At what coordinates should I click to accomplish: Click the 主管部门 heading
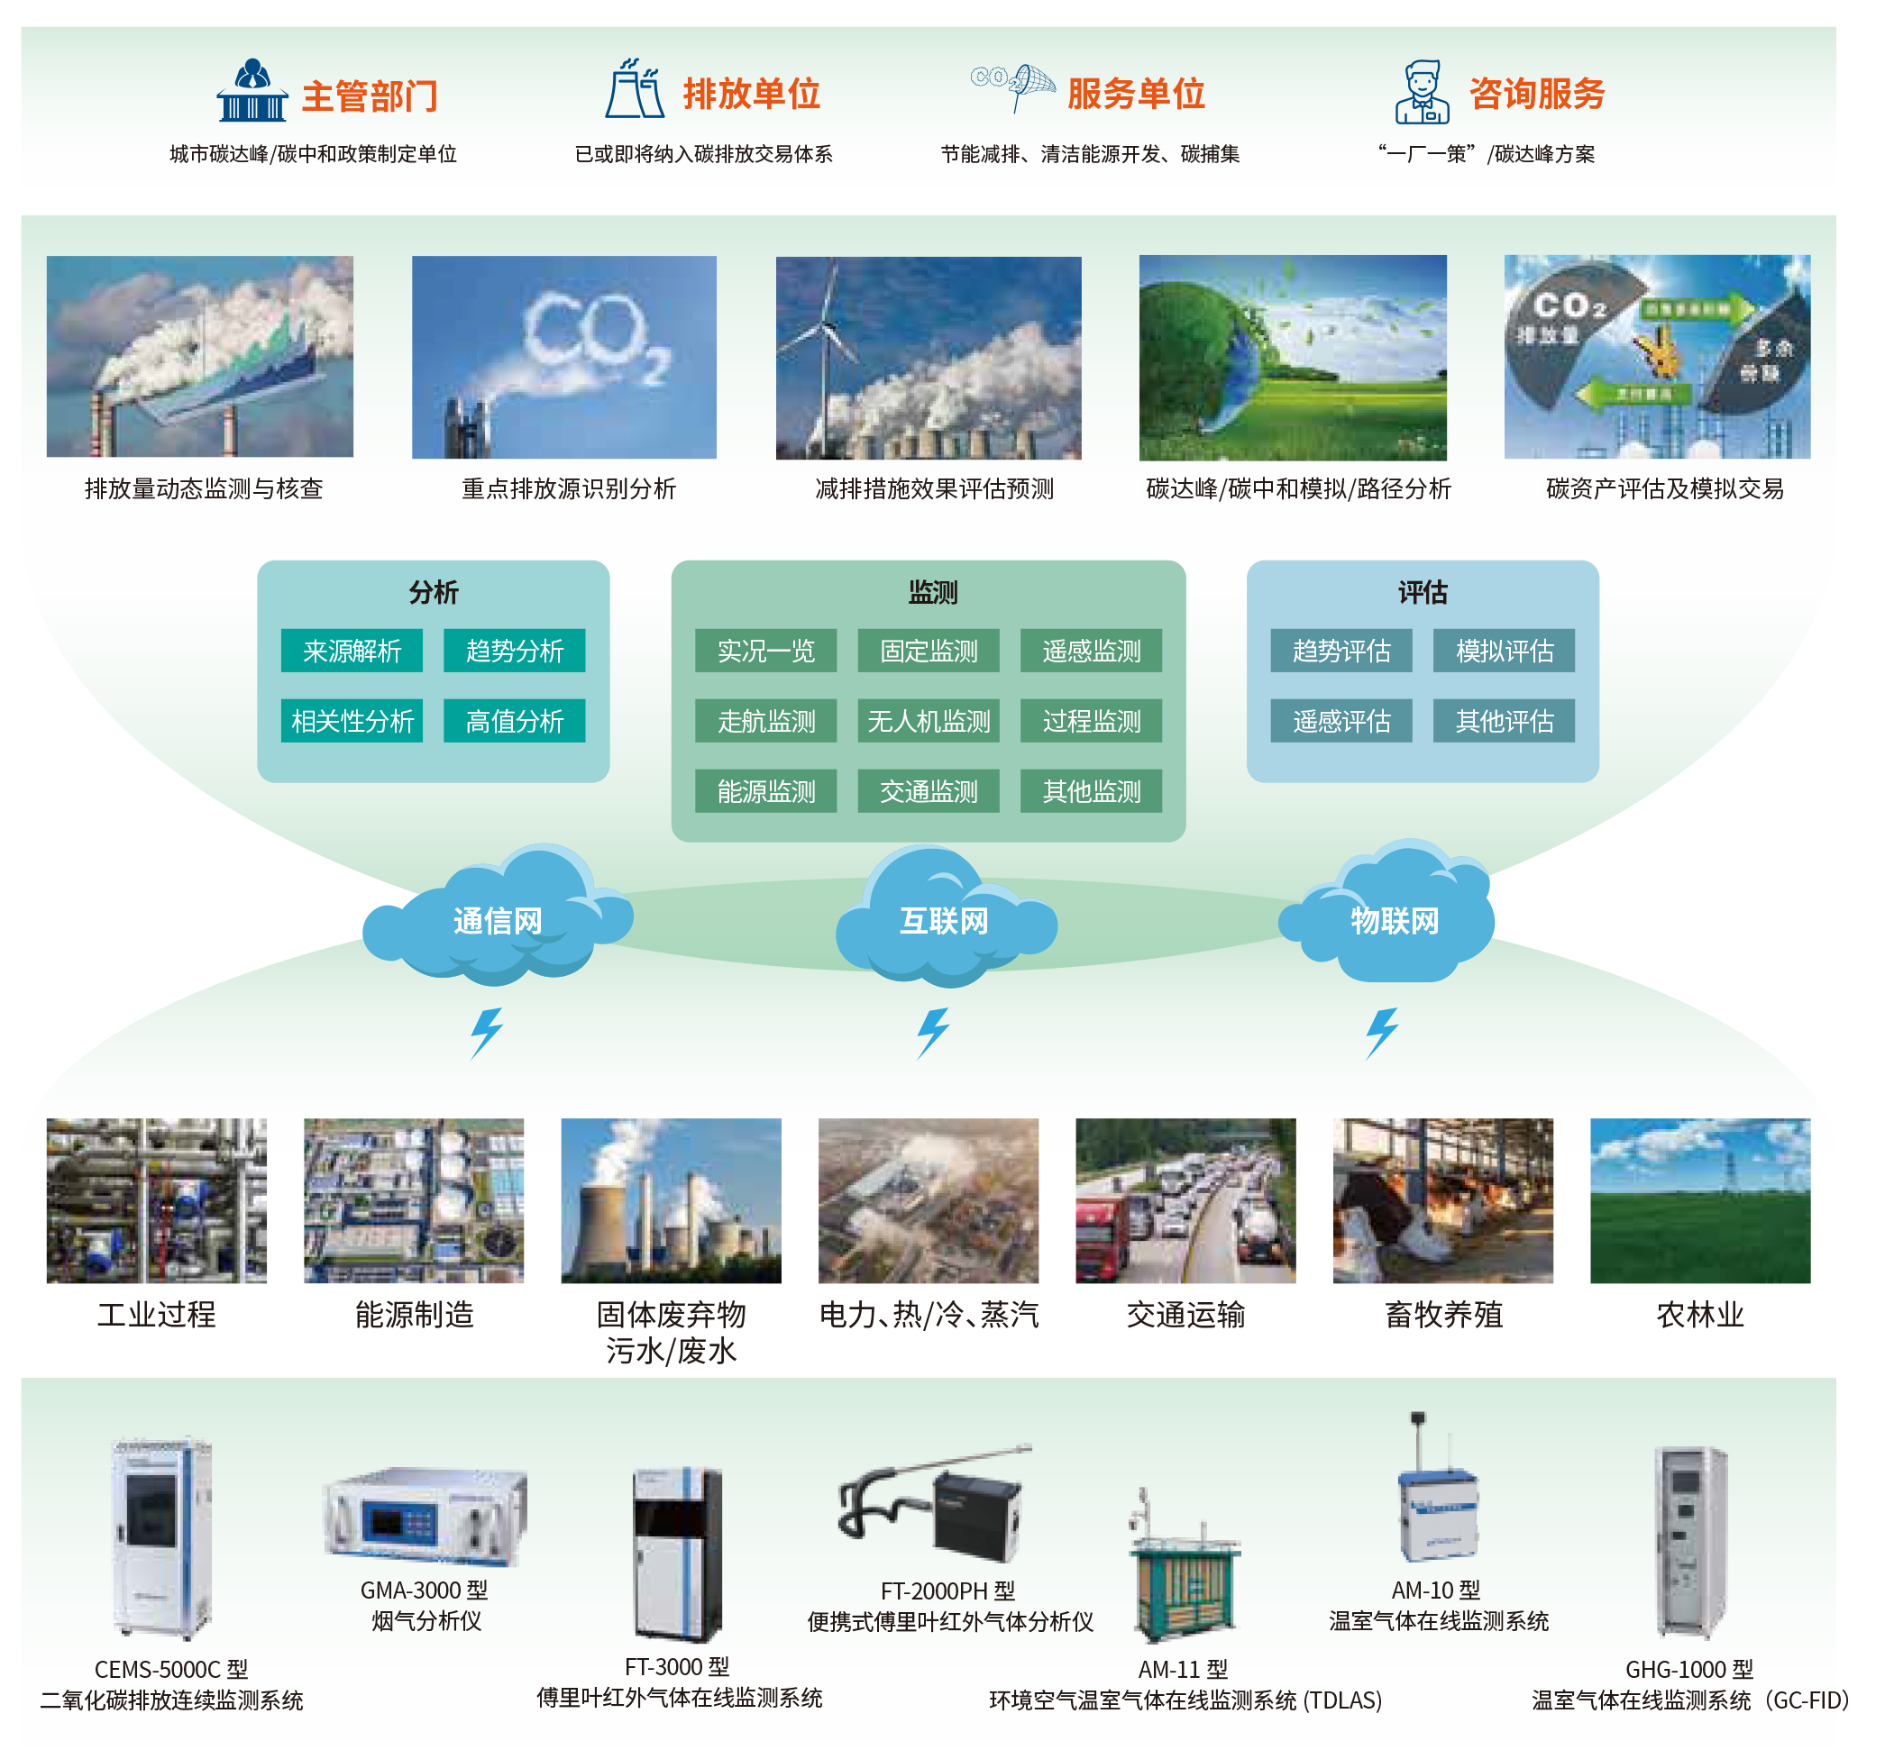370,96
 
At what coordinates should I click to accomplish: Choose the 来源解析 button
352,651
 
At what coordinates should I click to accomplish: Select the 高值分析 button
515,722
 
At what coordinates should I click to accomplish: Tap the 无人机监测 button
929,722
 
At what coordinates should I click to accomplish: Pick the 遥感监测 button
1091,651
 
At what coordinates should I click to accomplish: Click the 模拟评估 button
1505,651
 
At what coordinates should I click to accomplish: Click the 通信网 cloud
498,918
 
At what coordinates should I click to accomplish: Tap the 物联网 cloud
1394,918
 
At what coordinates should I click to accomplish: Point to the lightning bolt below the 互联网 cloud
933,1032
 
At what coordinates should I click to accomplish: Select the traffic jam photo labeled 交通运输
1185,1200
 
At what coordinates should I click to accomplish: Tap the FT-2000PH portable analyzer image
938,1506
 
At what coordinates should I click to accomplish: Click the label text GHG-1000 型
1688,1670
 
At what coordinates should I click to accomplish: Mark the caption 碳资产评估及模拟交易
1664,488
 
